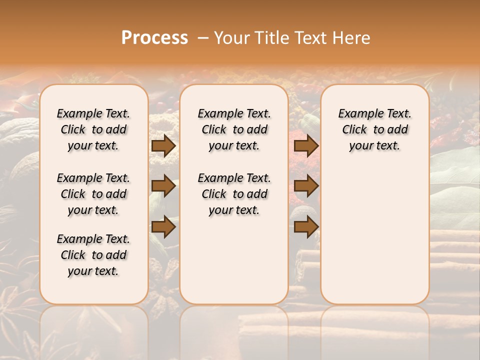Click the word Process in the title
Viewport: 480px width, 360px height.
coord(154,37)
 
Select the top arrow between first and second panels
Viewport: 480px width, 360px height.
coord(163,146)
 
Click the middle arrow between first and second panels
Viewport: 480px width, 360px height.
coord(163,186)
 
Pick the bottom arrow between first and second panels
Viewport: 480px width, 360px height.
coord(163,227)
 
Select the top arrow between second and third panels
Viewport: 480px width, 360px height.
coord(306,146)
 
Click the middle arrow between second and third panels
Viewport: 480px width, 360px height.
coord(306,186)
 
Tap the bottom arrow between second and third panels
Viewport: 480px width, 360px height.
coord(306,227)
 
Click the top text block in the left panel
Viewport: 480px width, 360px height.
coord(93,129)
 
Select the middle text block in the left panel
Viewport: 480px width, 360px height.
coord(93,194)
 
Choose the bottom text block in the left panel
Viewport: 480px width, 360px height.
coord(93,255)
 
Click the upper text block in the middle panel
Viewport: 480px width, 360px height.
coord(234,129)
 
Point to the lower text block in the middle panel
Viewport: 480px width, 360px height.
coord(234,194)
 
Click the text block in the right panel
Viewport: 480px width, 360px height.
coord(374,129)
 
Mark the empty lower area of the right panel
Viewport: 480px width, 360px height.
coord(374,230)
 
